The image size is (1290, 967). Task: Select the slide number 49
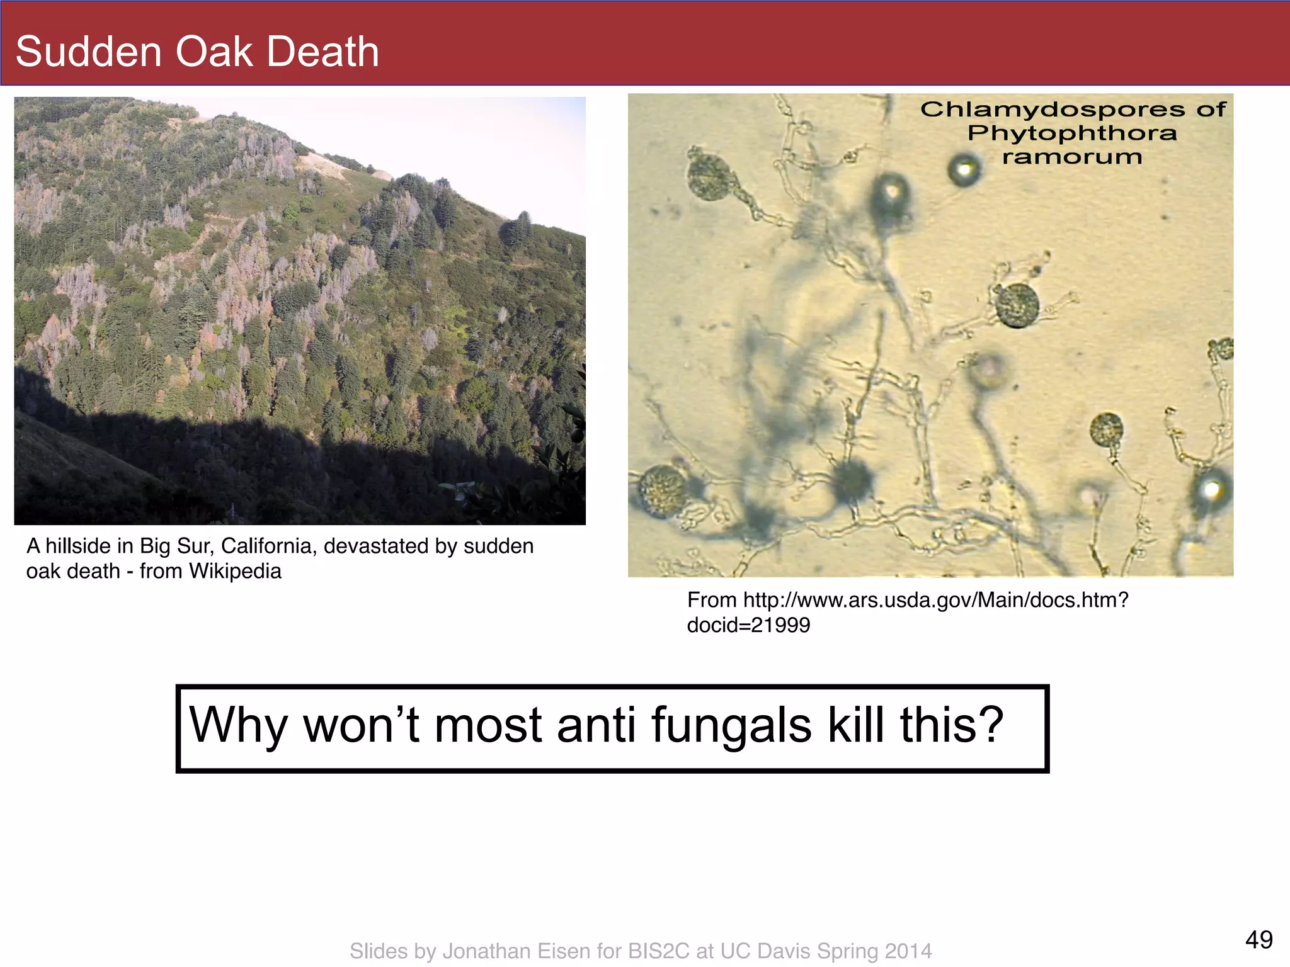pos(1259,940)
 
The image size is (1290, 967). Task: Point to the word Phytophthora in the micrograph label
pos(1072,133)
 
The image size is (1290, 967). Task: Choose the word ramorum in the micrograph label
pos(1072,157)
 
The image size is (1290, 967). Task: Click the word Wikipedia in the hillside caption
pos(235,571)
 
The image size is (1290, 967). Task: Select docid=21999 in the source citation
pos(748,625)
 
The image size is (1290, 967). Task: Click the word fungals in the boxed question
pos(731,725)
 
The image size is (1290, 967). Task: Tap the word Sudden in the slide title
pos(89,52)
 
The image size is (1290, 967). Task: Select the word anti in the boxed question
pos(596,725)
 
